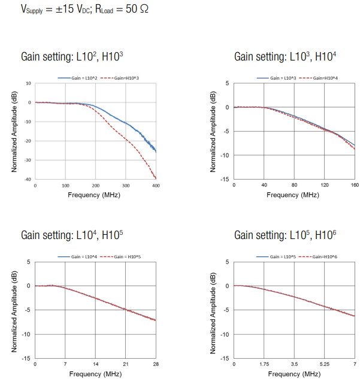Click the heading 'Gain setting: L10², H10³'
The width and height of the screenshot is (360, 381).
72,57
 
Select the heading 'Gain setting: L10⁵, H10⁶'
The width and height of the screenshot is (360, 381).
285,235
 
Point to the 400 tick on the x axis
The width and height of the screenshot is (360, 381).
156,186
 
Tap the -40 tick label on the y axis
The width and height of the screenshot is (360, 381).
28,179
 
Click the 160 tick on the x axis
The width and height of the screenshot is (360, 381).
355,186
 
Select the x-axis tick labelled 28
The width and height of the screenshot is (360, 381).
156,364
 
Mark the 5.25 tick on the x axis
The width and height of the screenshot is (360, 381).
324,364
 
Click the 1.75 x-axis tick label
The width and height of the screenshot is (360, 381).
264,364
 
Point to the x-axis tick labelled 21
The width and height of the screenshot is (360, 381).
126,364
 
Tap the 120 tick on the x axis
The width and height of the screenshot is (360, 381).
324,186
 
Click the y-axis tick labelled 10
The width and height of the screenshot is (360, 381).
28,83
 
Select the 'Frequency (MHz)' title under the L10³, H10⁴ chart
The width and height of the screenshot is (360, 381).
294,195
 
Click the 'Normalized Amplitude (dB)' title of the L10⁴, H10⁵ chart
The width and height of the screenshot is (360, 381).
14,310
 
